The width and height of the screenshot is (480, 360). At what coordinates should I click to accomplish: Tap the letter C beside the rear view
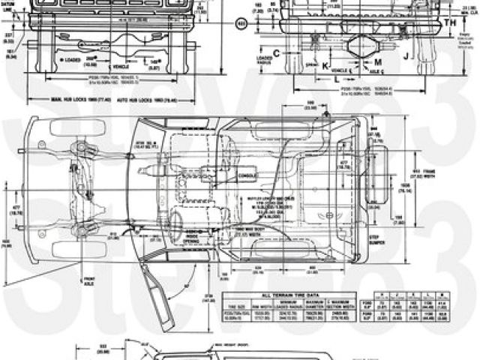pos(277,52)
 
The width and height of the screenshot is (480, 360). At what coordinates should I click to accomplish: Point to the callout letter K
pos(325,65)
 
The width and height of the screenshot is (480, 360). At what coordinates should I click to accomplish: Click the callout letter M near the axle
pos(377,60)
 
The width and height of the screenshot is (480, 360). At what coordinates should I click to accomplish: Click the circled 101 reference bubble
pos(241,23)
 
